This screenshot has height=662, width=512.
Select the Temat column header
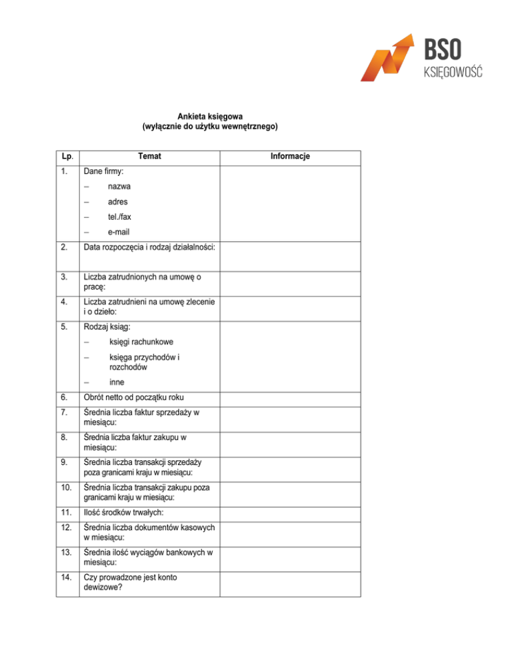[x=150, y=157]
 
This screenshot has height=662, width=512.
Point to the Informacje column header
[x=290, y=157]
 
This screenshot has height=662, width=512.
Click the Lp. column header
[x=65, y=157]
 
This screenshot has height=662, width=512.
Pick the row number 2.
[x=63, y=249]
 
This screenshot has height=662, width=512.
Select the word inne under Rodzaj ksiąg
[x=117, y=382]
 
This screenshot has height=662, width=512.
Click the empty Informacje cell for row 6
[x=290, y=398]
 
